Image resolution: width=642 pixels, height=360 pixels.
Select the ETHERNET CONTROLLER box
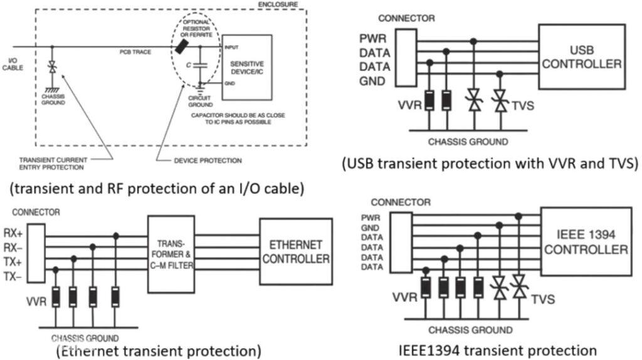pos(296,251)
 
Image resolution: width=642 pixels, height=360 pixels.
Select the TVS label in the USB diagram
pos(522,105)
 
